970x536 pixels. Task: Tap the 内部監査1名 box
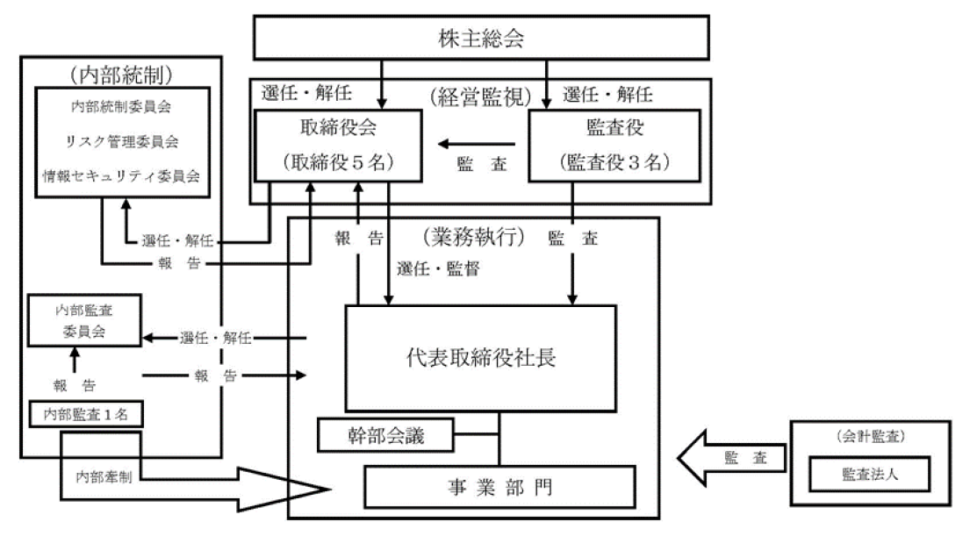click(80, 413)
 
